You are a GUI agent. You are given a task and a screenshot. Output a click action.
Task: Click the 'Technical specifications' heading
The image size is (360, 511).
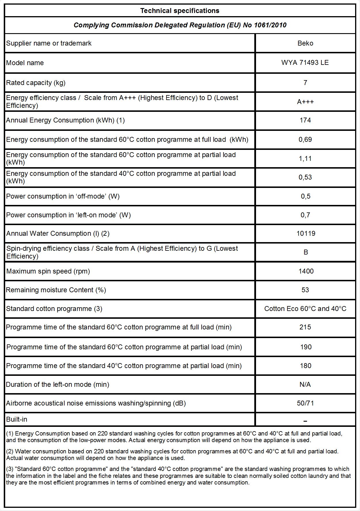(x=180, y=11)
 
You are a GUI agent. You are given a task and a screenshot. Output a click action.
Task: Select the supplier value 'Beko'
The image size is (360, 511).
(x=305, y=43)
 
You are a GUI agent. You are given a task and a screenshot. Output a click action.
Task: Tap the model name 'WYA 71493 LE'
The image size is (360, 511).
(x=305, y=63)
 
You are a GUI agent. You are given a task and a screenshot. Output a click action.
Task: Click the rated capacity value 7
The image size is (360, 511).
(x=305, y=83)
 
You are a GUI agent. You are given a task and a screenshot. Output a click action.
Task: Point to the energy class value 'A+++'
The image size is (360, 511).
(x=305, y=102)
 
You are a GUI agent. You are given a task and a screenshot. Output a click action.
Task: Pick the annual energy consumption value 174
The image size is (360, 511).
(x=305, y=120)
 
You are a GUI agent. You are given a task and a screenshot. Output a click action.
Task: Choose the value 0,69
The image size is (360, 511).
(x=305, y=139)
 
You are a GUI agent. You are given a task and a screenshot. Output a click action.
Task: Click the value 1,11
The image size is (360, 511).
(x=305, y=159)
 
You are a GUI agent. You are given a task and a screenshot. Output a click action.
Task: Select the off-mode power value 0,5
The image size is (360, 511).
(x=306, y=196)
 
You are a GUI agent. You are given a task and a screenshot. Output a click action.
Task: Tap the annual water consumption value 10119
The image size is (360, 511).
(x=306, y=233)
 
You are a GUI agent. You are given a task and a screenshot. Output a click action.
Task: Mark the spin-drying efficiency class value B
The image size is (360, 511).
(x=306, y=252)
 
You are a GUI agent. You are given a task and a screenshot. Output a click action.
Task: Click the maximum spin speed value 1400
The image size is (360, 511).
(x=306, y=271)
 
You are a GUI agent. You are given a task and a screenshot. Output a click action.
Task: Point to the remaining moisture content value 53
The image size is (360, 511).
(x=305, y=290)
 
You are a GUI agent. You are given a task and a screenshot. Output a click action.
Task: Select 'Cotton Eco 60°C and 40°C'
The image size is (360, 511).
(x=305, y=309)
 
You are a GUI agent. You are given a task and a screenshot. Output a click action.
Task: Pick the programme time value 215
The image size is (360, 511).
(x=305, y=327)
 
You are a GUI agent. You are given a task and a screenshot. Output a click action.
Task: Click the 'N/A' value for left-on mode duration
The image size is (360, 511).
(x=305, y=384)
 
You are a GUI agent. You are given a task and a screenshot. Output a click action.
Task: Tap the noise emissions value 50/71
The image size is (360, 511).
(x=305, y=403)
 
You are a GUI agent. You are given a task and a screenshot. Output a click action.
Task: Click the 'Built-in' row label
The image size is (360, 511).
(x=17, y=419)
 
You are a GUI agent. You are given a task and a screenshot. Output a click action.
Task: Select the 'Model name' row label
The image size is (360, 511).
(x=25, y=63)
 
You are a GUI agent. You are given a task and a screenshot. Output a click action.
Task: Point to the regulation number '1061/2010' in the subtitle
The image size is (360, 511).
(x=270, y=25)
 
